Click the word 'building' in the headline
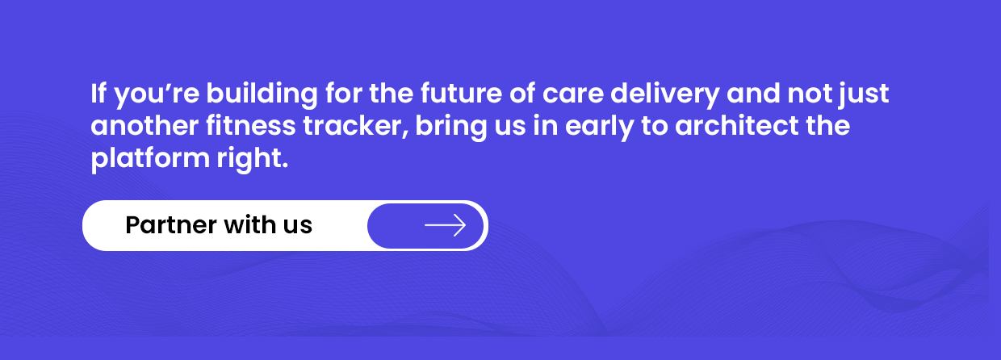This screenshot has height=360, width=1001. tap(262, 95)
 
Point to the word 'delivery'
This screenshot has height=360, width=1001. tap(664, 95)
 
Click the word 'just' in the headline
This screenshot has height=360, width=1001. tap(864, 95)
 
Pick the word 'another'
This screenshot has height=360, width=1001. tap(144, 125)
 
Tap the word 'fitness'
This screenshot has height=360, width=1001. tap(251, 125)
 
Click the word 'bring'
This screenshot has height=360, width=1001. tap(451, 128)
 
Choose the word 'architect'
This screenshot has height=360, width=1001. tap(736, 125)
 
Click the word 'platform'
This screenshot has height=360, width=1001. tap(150, 160)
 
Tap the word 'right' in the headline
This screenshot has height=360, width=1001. tap(253, 160)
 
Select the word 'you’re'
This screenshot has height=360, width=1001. tap(157, 95)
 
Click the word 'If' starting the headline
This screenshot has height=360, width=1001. tap(98, 94)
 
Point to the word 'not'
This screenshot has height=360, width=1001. tap(810, 94)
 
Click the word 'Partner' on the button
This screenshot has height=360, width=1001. tap(171, 224)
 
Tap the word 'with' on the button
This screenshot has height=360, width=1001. tap(249, 224)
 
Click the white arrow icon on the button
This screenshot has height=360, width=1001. tap(445, 225)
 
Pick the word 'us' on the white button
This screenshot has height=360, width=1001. tap(298, 227)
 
